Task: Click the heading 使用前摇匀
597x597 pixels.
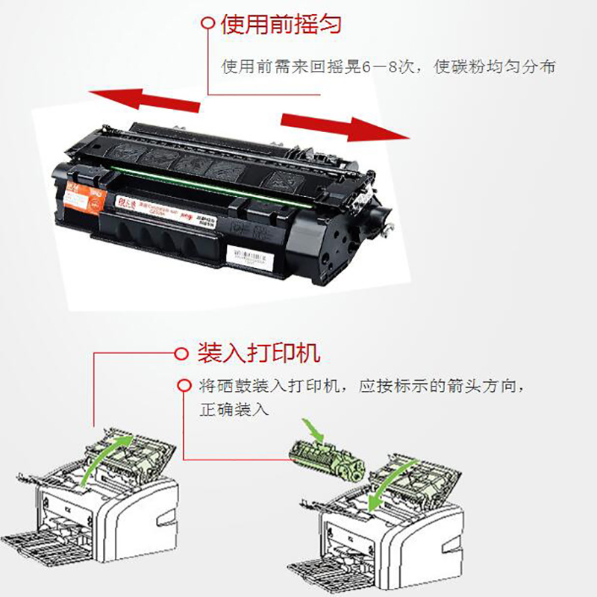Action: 281,24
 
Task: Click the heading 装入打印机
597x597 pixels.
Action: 258,352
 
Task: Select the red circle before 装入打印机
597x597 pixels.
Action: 180,353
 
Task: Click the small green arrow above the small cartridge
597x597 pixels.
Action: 317,431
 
